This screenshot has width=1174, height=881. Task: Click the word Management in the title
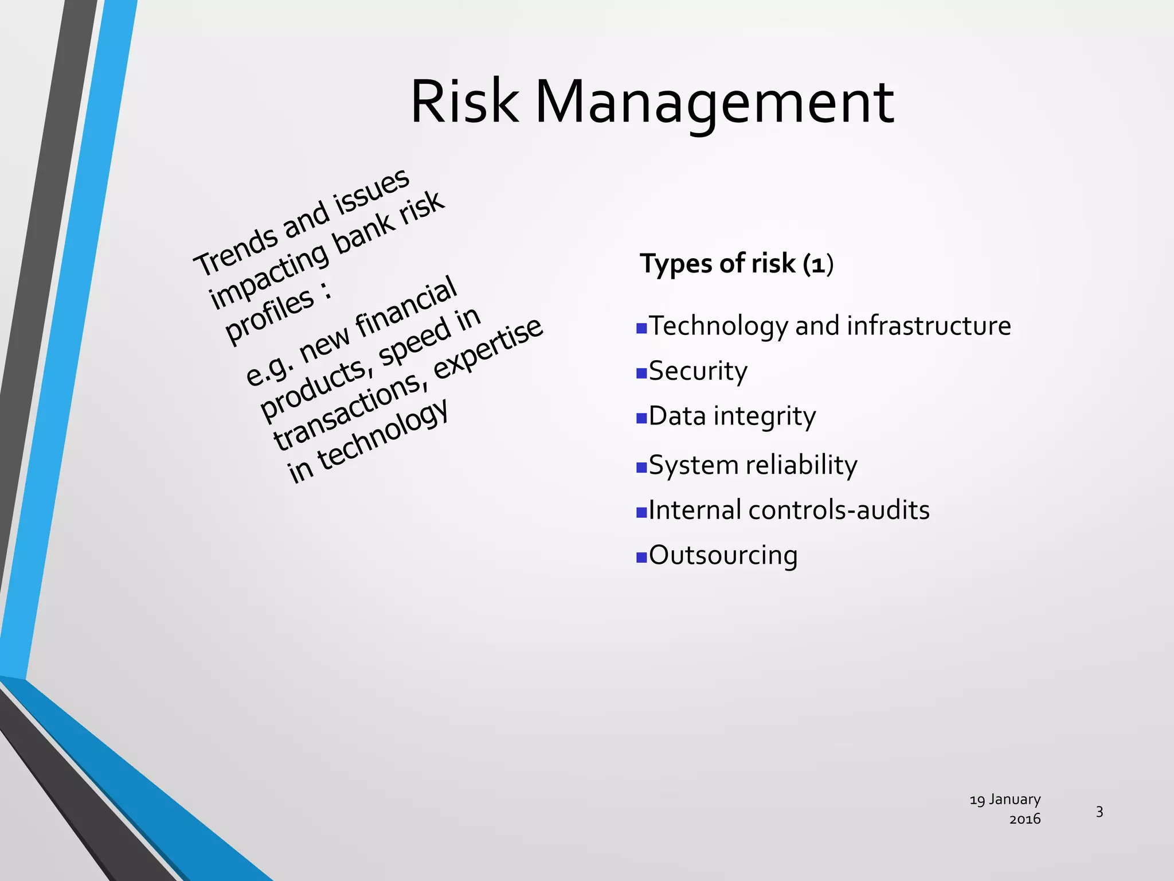coord(714,103)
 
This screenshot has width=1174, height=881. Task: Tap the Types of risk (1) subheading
coord(736,264)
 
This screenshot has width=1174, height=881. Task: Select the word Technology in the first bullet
coord(719,326)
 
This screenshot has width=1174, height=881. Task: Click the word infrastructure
coord(929,326)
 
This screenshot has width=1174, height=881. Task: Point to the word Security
coord(698,371)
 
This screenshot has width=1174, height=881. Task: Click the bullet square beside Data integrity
coord(641,418)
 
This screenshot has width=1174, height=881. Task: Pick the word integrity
coord(764,416)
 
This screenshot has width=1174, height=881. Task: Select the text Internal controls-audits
coord(789,510)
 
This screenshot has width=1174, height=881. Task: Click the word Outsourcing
coord(723,555)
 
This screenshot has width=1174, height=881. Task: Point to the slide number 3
coord(1099,812)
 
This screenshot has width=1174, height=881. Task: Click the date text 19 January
coord(1005,800)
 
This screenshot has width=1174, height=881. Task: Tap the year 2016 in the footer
coord(1024,819)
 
